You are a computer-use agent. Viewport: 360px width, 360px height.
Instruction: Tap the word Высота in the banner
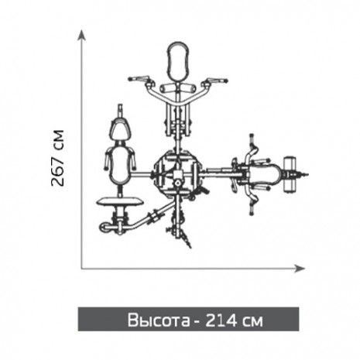point(159,321)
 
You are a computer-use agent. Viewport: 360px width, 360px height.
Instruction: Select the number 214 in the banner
point(221,321)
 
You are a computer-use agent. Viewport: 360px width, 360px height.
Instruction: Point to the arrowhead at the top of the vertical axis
point(81,35)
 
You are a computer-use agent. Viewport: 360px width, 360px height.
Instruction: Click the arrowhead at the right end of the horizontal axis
point(300,269)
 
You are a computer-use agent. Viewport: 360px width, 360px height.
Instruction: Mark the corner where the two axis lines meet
point(82,269)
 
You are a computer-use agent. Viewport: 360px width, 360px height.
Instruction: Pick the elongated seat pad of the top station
point(178,61)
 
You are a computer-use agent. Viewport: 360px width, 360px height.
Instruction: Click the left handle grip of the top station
point(139,78)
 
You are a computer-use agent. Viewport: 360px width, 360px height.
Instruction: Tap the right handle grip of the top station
point(217,80)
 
